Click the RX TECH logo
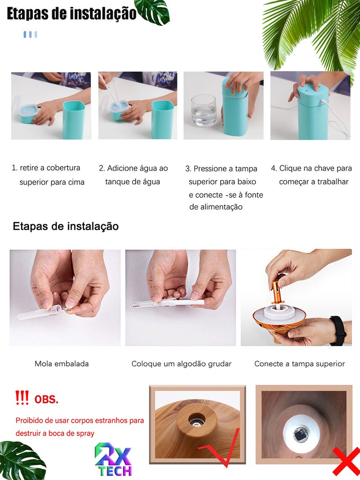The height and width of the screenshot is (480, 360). pos(113,460)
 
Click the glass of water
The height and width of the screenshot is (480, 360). pos(204,111)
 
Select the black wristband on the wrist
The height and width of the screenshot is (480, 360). pos(338,331)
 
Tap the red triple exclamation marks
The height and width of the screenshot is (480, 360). pos(22,398)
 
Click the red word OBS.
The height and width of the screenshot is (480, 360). pos(46,399)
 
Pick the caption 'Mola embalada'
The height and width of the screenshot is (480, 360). pos(62,363)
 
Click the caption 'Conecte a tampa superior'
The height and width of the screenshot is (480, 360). pos(299,363)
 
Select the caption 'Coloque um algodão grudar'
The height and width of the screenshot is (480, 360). pos(181,363)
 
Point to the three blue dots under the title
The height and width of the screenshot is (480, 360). pos(30,34)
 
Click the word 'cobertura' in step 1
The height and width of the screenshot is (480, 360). pos(63,168)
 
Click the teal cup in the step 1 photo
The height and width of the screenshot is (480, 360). pos(74,120)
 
